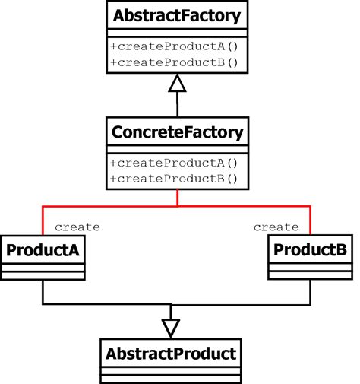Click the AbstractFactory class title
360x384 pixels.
tap(177, 16)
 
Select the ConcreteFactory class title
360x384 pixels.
tap(177, 132)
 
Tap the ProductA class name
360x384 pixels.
tap(43, 250)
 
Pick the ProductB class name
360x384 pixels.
tap(310, 249)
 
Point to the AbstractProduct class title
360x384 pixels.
tap(171, 354)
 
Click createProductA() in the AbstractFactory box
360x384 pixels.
tap(174, 46)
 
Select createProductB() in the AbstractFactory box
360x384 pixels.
tap(174, 62)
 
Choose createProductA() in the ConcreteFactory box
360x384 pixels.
tap(174, 163)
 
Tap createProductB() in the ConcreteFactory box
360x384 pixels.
tap(174, 179)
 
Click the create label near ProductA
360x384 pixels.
tap(77, 227)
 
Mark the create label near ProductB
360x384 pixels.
tap(276, 227)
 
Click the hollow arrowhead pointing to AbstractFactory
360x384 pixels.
tap(177, 83)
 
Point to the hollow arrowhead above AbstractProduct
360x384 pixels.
tap(171, 328)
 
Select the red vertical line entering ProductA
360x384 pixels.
tap(43, 221)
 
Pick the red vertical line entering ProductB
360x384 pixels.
tap(310, 221)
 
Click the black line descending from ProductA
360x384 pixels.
tap(43, 292)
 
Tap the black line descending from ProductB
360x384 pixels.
tap(310, 292)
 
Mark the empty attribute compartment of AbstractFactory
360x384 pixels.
tap(177, 33)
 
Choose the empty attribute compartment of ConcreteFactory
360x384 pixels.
tap(178, 150)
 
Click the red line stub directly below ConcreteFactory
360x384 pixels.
tap(178, 198)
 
